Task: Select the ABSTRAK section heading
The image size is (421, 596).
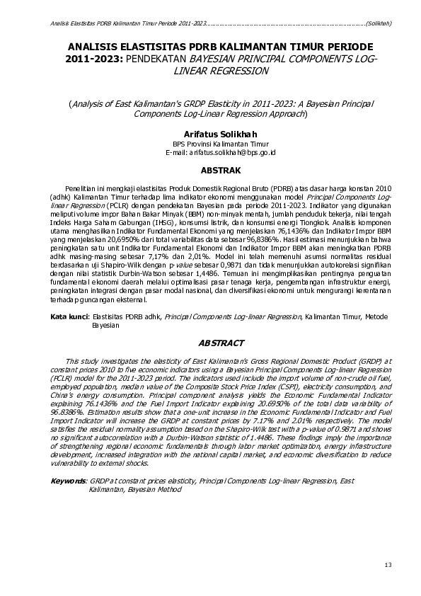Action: point(210,171)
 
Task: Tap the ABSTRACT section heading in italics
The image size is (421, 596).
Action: point(210,343)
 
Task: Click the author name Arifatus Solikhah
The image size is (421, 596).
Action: point(210,133)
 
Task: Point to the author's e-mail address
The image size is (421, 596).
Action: point(210,152)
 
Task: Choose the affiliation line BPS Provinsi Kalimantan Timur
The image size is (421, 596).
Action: point(210,143)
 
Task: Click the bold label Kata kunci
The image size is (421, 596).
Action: point(69,318)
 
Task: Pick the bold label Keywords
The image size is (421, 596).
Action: point(69,481)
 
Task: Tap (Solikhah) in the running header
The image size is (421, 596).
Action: point(379,23)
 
